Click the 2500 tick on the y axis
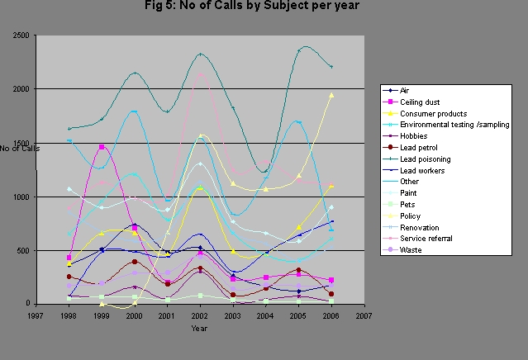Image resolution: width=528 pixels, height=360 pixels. pyautogui.click(x=21, y=36)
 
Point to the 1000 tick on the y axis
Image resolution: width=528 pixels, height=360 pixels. pyautogui.click(x=21, y=197)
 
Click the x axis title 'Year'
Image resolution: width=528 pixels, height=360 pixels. pyautogui.click(x=200, y=329)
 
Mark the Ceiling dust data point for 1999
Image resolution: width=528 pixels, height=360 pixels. pyautogui.click(x=102, y=147)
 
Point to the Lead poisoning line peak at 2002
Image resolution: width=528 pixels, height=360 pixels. pyautogui.click(x=200, y=54)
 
